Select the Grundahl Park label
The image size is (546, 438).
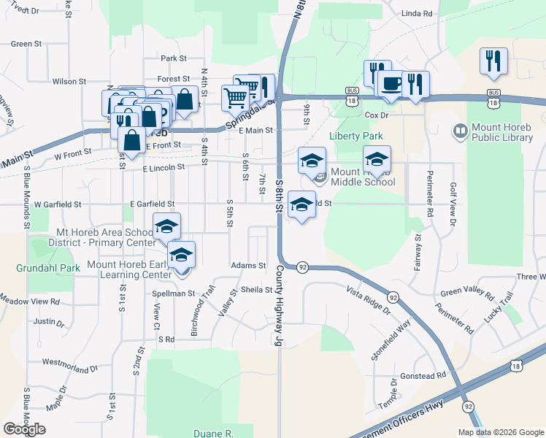pyautogui.click(x=48, y=268)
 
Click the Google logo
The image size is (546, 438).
pyautogui.click(x=25, y=429)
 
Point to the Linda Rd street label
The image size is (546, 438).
pyautogui.click(x=417, y=14)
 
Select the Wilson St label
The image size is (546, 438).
pyautogui.click(x=69, y=81)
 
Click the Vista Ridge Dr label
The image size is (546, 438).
pyautogui.click(x=369, y=300)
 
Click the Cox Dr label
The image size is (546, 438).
pyautogui.click(x=376, y=115)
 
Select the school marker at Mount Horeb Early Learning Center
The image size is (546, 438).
pyautogui.click(x=181, y=255)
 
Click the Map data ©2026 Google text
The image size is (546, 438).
pyautogui.click(x=501, y=431)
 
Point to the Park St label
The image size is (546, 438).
pyautogui.click(x=174, y=58)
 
